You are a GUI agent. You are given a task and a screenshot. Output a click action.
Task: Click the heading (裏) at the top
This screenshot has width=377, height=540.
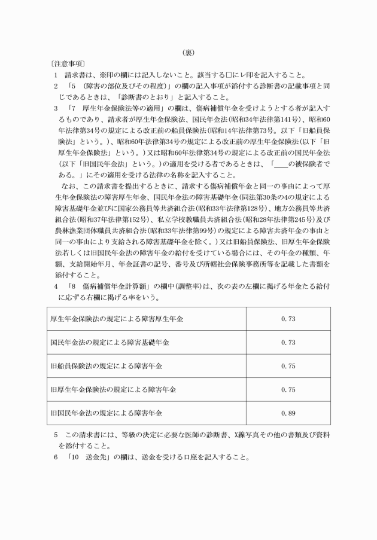pyautogui.click(x=188, y=53)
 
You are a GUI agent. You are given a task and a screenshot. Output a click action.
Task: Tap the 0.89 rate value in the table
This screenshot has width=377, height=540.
pyautogui.click(x=288, y=413)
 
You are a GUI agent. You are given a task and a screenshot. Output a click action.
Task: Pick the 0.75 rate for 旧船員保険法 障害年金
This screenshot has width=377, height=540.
pyautogui.click(x=288, y=365)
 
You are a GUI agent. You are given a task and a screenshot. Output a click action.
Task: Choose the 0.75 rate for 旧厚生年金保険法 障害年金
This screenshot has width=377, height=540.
pyautogui.click(x=288, y=389)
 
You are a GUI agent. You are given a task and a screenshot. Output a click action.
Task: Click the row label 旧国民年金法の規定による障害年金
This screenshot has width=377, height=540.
pyautogui.click(x=107, y=413)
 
